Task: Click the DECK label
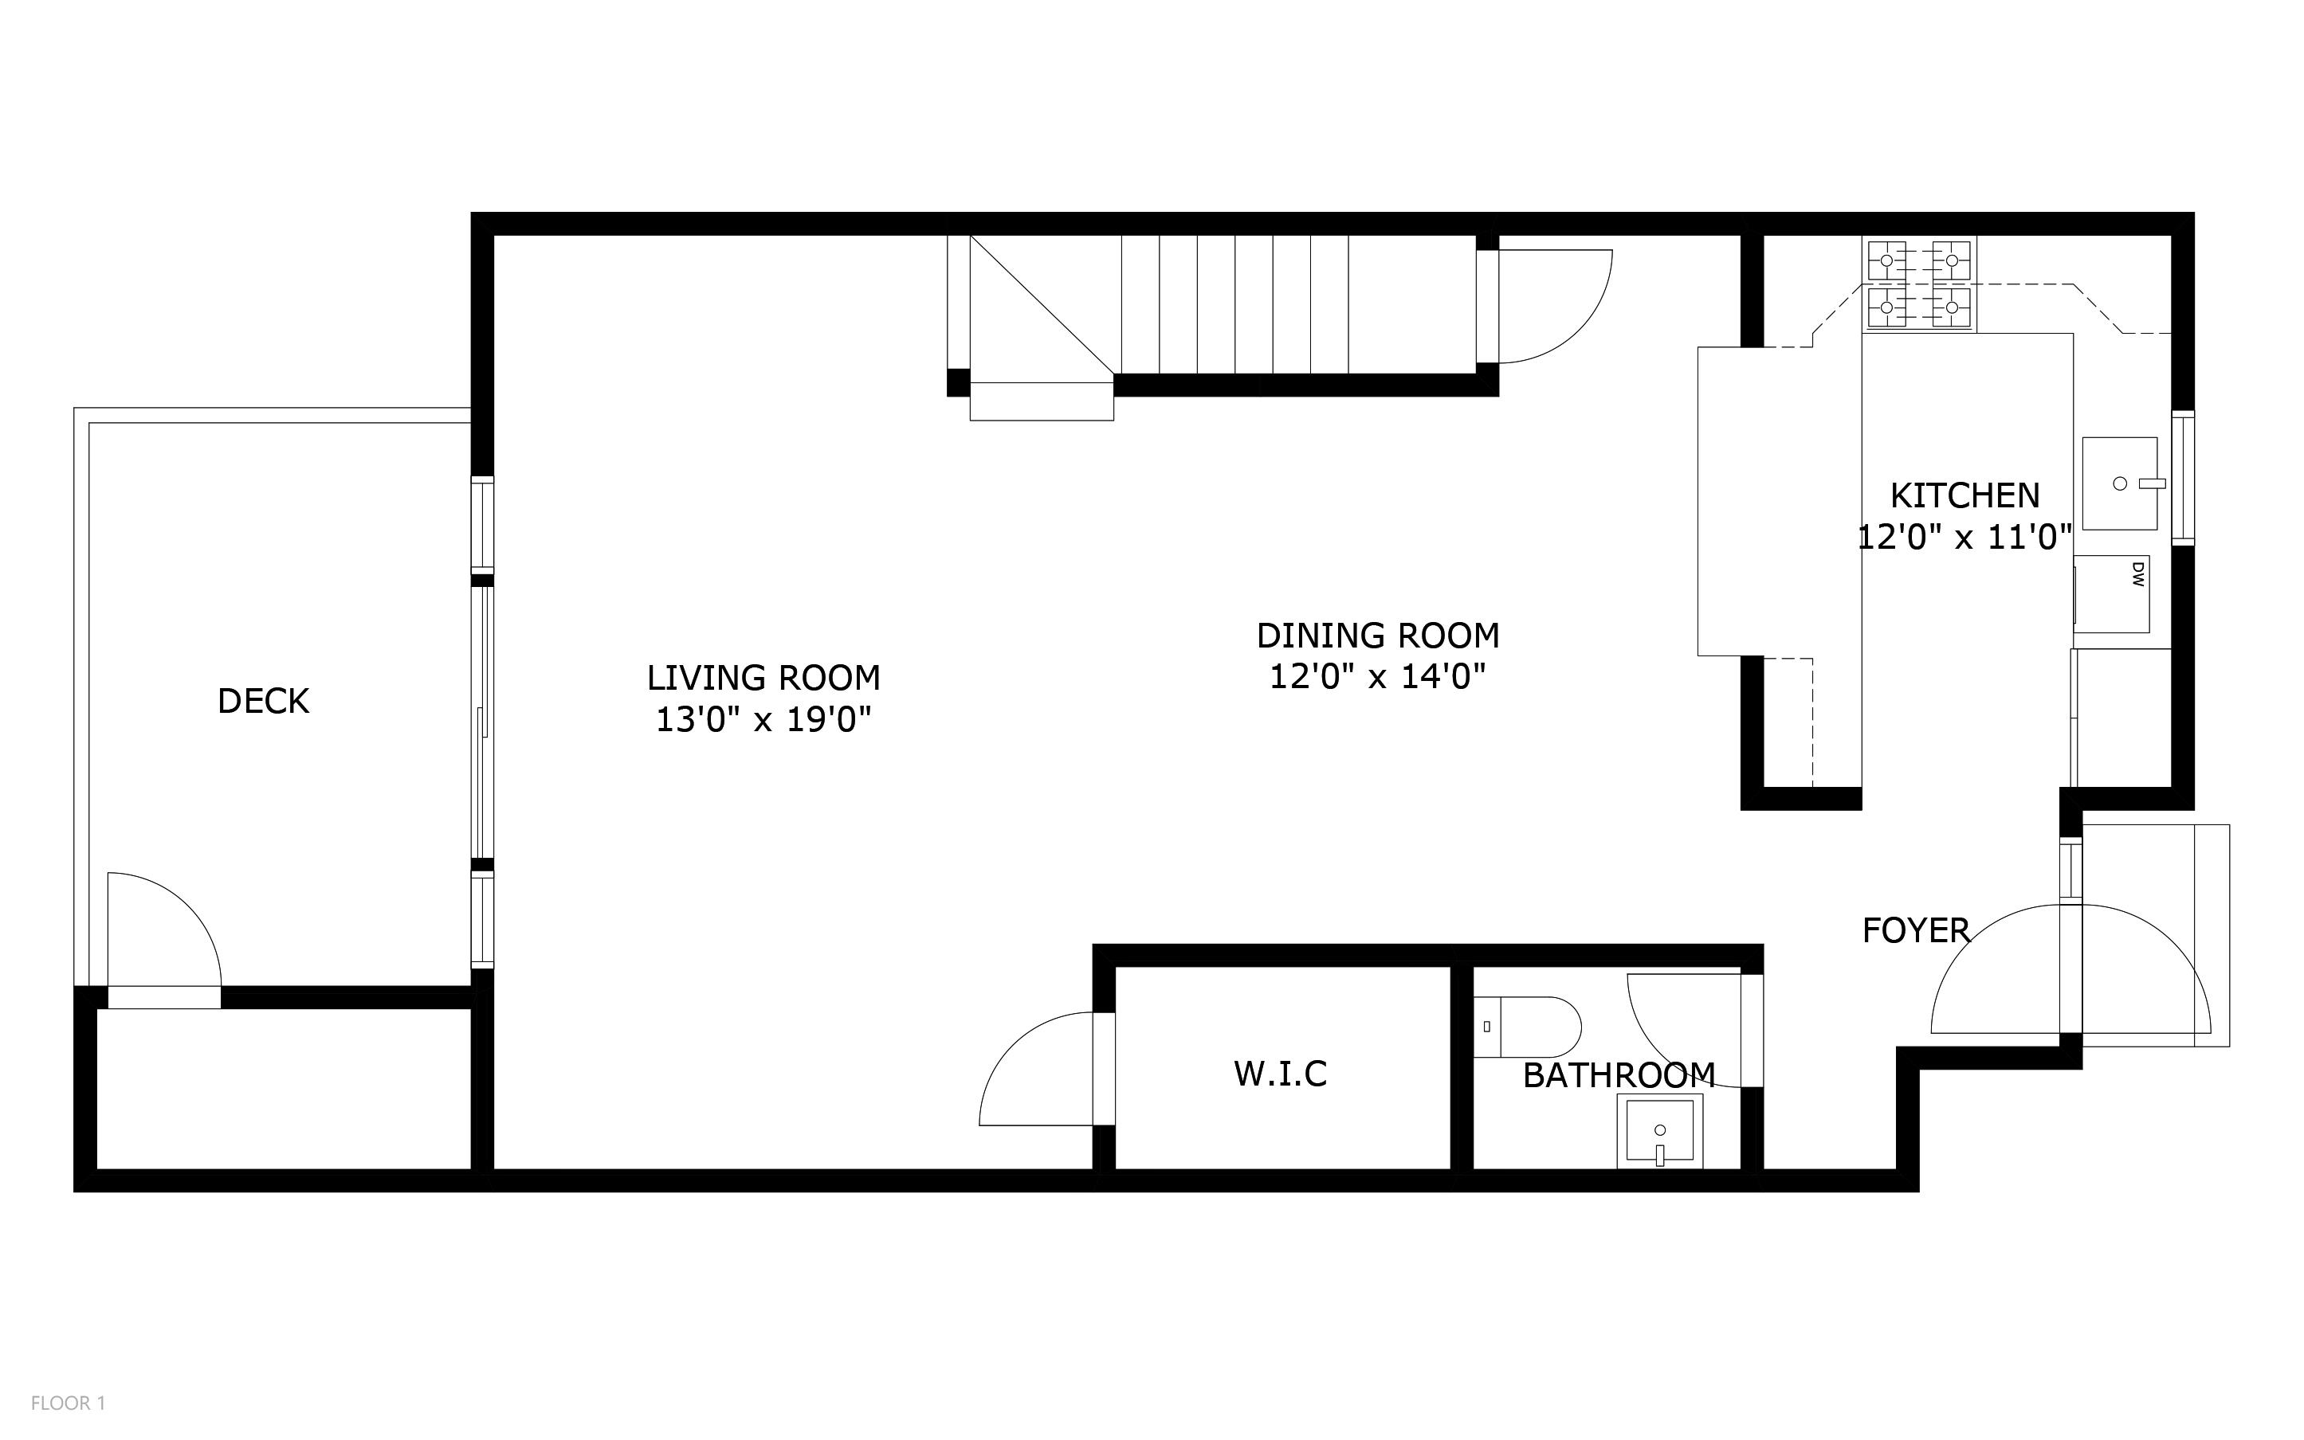click(x=263, y=701)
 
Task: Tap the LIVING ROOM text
click(x=763, y=678)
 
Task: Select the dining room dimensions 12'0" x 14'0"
click(x=1377, y=677)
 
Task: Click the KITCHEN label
click(x=1964, y=496)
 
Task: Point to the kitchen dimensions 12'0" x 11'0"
click(x=1964, y=538)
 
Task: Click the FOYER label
click(x=1915, y=930)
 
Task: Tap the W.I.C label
click(x=1280, y=1074)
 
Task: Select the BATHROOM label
click(x=1618, y=1076)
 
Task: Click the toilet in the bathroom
click(x=1525, y=1027)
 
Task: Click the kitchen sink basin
click(x=2119, y=483)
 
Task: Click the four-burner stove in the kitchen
click(x=1918, y=284)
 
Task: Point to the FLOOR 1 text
click(x=68, y=1403)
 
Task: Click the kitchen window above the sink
click(x=2182, y=478)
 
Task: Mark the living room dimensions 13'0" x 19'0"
click(x=763, y=720)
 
